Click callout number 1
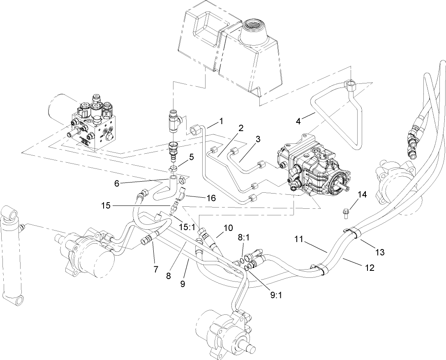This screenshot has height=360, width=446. tap(221, 121)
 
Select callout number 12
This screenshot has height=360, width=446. tap(369, 268)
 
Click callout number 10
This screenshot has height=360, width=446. tap(228, 228)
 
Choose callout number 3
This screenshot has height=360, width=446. tap(258, 139)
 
